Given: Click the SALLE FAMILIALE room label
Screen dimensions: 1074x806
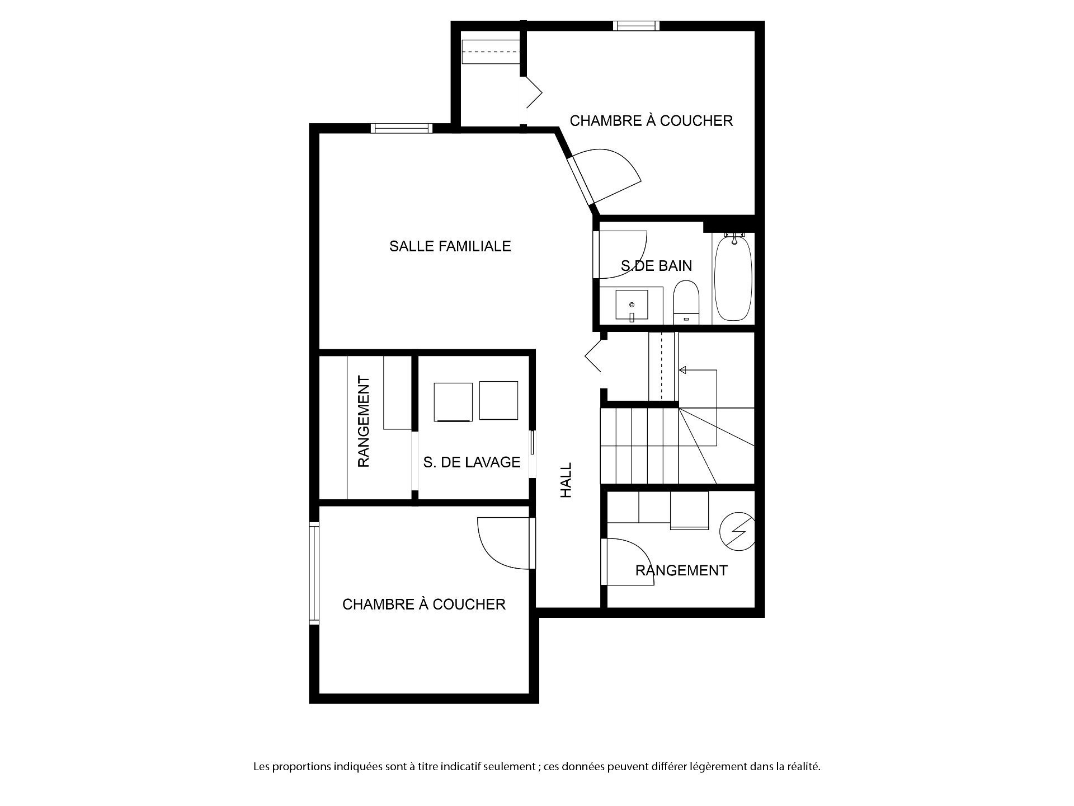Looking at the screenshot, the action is pyautogui.click(x=450, y=246).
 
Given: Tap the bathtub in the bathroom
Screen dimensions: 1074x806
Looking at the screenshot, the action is pyautogui.click(x=733, y=278).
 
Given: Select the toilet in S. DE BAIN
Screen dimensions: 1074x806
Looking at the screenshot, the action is pyautogui.click(x=686, y=302).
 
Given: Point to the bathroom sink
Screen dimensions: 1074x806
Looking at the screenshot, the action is pyautogui.click(x=632, y=305).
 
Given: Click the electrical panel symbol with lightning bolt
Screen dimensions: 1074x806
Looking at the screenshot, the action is pyautogui.click(x=736, y=531).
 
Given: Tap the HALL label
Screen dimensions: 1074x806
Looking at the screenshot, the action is pyautogui.click(x=566, y=480).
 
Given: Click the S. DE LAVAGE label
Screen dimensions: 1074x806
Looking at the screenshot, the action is pyautogui.click(x=472, y=462).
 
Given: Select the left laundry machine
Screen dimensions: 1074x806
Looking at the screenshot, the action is pyautogui.click(x=453, y=401).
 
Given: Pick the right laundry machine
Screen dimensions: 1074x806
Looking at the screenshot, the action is pyautogui.click(x=498, y=400).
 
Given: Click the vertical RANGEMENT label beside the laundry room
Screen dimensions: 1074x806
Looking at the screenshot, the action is pyautogui.click(x=364, y=422).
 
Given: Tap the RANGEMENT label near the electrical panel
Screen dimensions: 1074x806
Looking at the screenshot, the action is pyautogui.click(x=681, y=570).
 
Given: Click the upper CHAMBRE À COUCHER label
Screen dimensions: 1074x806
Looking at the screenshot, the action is pyautogui.click(x=651, y=121).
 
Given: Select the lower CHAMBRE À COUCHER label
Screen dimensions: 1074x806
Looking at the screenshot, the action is pyautogui.click(x=424, y=604).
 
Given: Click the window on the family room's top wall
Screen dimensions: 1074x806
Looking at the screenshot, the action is pyautogui.click(x=402, y=128).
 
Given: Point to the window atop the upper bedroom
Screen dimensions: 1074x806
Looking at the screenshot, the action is pyautogui.click(x=636, y=26).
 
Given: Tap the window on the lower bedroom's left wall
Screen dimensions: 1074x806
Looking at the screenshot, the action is pyautogui.click(x=314, y=573).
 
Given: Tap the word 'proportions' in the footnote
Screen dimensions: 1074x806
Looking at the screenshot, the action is pyautogui.click(x=303, y=767).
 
